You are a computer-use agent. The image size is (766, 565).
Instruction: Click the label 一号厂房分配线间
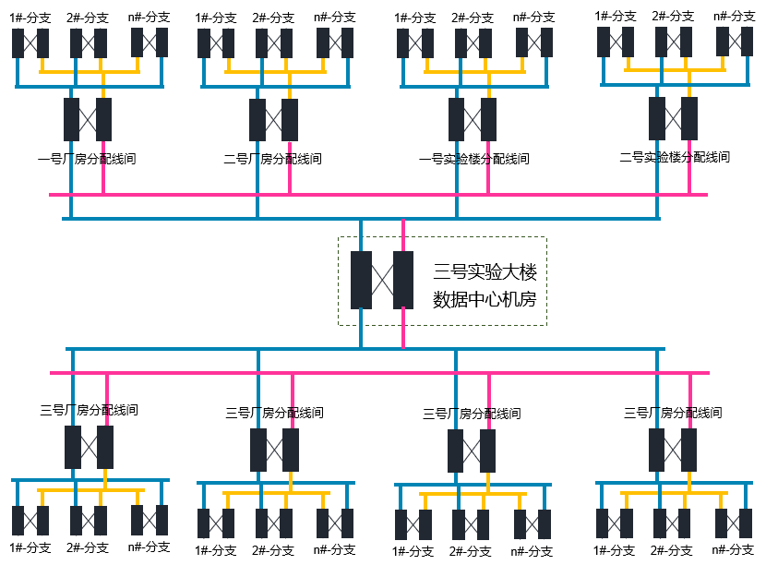click(87, 159)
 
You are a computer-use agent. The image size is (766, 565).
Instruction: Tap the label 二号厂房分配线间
click(273, 159)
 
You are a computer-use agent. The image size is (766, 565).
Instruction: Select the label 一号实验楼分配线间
click(473, 159)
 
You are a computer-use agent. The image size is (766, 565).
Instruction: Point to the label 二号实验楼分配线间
click(675, 157)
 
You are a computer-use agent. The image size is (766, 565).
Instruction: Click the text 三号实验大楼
click(485, 272)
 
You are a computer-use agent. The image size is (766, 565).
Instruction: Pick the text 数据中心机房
click(485, 300)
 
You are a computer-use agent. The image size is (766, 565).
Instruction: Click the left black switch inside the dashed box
click(361, 280)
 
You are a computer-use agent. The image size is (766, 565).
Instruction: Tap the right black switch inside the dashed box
click(403, 280)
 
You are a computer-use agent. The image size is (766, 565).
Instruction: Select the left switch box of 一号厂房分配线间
click(71, 119)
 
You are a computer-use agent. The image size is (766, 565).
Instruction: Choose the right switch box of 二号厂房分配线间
click(290, 120)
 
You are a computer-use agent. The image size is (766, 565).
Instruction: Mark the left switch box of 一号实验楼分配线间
click(456, 119)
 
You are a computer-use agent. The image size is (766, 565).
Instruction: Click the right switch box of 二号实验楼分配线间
click(689, 117)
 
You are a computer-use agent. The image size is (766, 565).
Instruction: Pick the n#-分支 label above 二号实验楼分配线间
click(734, 16)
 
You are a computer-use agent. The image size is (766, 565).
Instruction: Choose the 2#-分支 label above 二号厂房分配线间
click(273, 17)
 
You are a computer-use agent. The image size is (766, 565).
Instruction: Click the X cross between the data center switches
click(382, 280)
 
